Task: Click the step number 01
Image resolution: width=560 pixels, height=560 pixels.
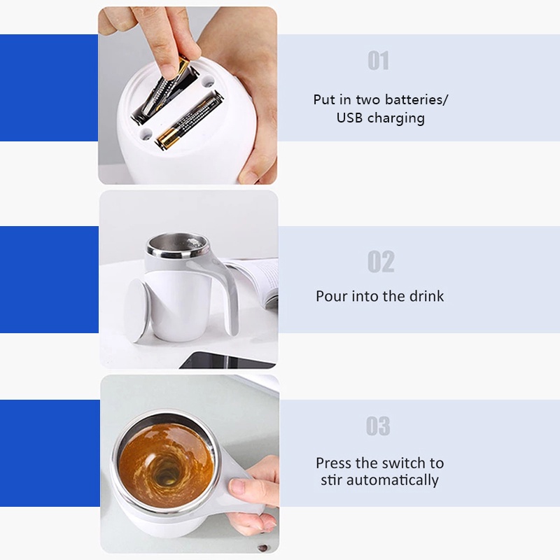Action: [378, 61]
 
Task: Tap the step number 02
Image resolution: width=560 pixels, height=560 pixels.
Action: [381, 261]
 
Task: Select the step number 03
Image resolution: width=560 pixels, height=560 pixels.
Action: [378, 426]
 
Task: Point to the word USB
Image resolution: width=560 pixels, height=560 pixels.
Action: [350, 118]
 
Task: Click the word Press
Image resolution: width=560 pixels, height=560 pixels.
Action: [334, 463]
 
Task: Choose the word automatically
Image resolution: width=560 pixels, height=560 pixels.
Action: [393, 480]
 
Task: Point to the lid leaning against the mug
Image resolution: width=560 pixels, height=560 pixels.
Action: [137, 310]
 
